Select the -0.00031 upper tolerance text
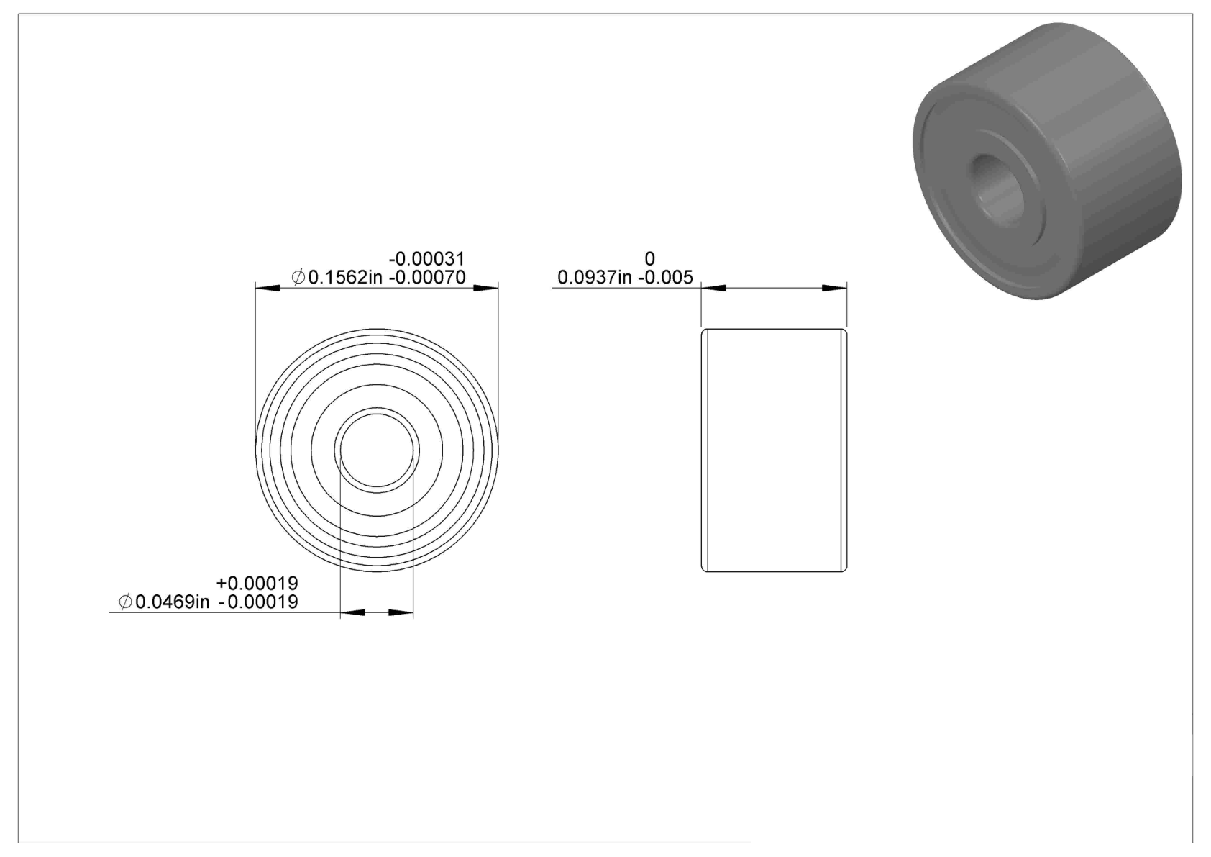pos(426,258)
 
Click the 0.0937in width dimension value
pos(595,278)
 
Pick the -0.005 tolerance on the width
pos(665,278)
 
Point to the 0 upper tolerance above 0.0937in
pos(650,258)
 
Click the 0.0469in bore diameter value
pos(172,602)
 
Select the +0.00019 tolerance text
pos(257,583)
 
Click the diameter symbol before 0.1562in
pos(298,278)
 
